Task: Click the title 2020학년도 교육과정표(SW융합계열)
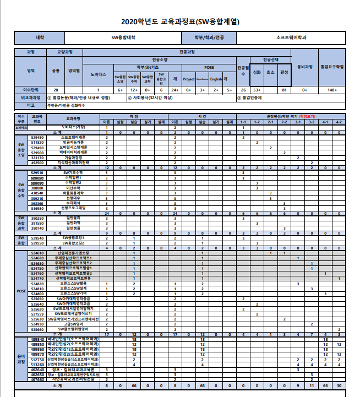[180, 22]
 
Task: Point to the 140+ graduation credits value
[332, 89]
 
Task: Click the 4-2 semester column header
[339, 122]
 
